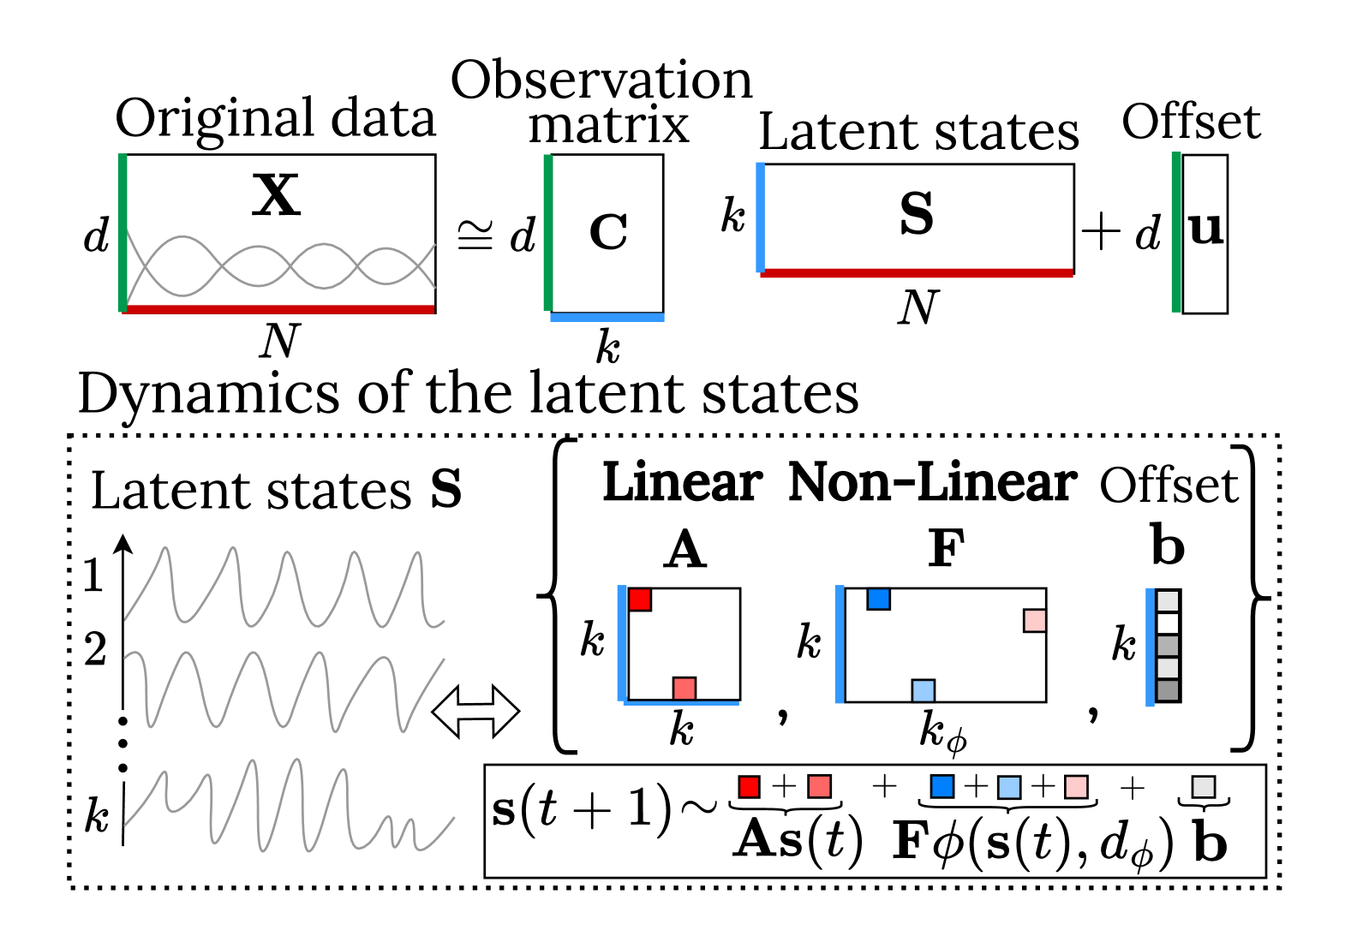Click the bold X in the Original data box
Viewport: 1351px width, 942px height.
tap(277, 195)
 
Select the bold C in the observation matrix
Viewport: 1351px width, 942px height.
tap(608, 231)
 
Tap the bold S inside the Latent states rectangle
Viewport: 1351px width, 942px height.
tap(916, 214)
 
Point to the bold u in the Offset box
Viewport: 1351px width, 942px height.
tap(1205, 229)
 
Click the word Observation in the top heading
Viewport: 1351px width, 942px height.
tap(601, 80)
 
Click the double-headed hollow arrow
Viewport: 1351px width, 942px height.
tap(475, 711)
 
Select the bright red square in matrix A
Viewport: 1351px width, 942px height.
tap(640, 599)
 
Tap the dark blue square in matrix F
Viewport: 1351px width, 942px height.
tap(878, 599)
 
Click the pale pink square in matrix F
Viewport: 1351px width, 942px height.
tap(1035, 620)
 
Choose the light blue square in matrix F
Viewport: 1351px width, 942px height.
tap(924, 690)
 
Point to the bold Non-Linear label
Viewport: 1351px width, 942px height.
tap(932, 483)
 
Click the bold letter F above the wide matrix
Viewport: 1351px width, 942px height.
tap(947, 549)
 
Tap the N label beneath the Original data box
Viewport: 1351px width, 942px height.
tap(279, 341)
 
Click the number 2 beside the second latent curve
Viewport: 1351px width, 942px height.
tap(95, 649)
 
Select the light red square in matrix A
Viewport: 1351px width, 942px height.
tap(684, 689)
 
